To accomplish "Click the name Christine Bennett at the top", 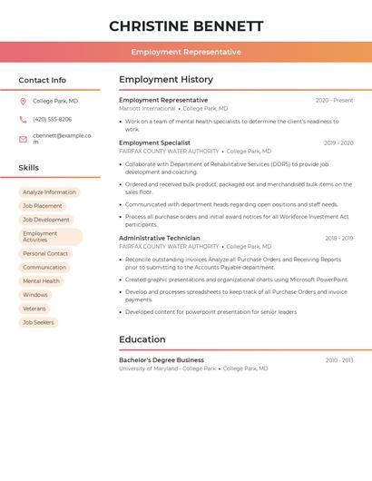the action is click(186, 26).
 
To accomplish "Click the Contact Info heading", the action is click(42, 80).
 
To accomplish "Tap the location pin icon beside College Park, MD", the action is click(23, 101).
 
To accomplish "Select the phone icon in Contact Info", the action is click(23, 119).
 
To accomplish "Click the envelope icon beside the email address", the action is click(23, 139).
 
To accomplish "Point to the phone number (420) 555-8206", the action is click(52, 119).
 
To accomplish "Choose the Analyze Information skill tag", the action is click(49, 192).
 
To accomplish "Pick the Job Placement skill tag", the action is click(43, 206).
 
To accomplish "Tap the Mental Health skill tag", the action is click(41, 281).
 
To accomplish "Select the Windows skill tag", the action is click(35, 295).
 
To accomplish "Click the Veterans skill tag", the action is click(34, 309).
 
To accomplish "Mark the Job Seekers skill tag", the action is click(38, 322).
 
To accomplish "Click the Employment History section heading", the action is click(166, 80).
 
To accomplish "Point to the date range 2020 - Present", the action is click(334, 100).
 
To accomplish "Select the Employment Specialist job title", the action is click(154, 142).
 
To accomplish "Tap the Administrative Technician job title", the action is click(160, 238).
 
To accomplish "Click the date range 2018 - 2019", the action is click(338, 238).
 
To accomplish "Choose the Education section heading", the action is click(142, 339).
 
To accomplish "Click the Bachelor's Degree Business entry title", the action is click(162, 360).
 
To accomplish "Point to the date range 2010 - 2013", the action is click(339, 360).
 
